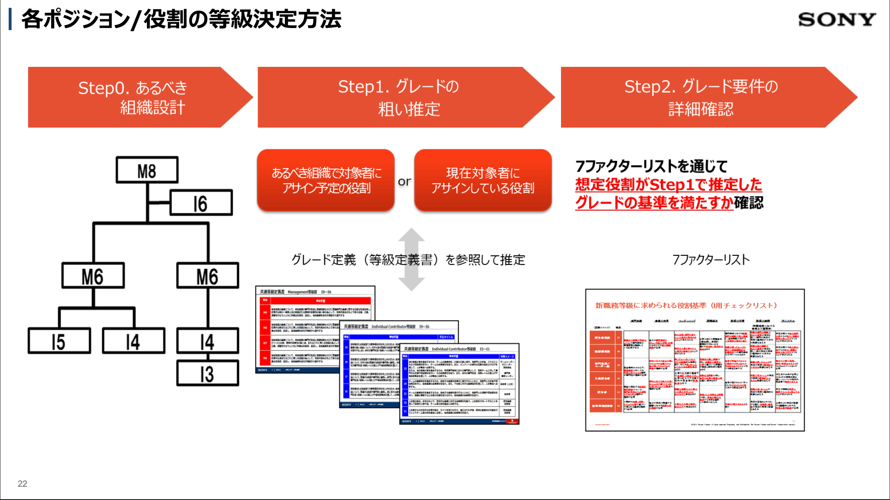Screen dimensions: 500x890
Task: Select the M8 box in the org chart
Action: pyautogui.click(x=147, y=170)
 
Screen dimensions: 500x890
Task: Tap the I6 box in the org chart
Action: pyautogui.click(x=201, y=203)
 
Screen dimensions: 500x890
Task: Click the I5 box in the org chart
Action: pyautogui.click(x=59, y=341)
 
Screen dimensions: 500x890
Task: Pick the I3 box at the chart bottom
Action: pyautogui.click(x=207, y=373)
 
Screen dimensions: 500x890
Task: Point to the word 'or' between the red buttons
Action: pyautogui.click(x=404, y=182)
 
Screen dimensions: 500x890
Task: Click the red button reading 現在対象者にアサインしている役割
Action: pyautogui.click(x=483, y=181)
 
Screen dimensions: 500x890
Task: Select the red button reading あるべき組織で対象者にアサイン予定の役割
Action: pyautogui.click(x=326, y=181)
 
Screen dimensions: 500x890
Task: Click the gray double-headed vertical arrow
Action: pyautogui.click(x=411, y=260)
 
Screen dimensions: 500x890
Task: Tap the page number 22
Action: pyautogui.click(x=22, y=483)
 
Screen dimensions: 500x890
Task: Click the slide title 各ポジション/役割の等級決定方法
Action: pyautogui.click(x=181, y=19)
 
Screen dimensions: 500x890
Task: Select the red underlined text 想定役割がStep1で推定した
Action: pyautogui.click(x=668, y=184)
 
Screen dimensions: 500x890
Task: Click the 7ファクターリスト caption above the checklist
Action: pyautogui.click(x=711, y=260)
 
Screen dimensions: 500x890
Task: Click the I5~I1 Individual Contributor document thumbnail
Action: pyautogui.click(x=459, y=384)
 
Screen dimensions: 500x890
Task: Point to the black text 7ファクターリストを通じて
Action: pyautogui.click(x=651, y=166)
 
